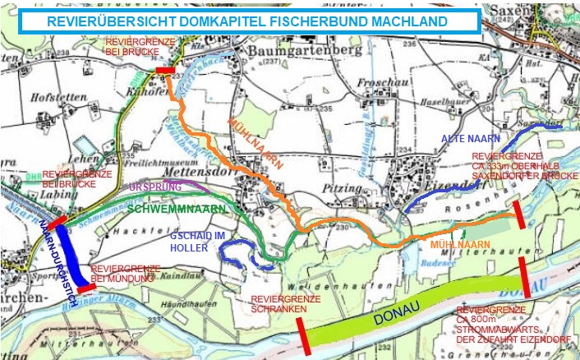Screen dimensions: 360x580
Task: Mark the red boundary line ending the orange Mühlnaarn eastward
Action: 518,215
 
